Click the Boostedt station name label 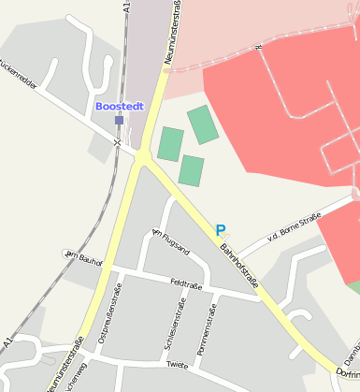119,107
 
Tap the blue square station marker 119,120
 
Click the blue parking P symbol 221,230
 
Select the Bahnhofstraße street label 239,264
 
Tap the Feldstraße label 188,283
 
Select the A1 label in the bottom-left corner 7,341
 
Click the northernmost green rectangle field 202,124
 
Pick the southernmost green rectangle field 191,170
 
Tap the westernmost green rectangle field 170,144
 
